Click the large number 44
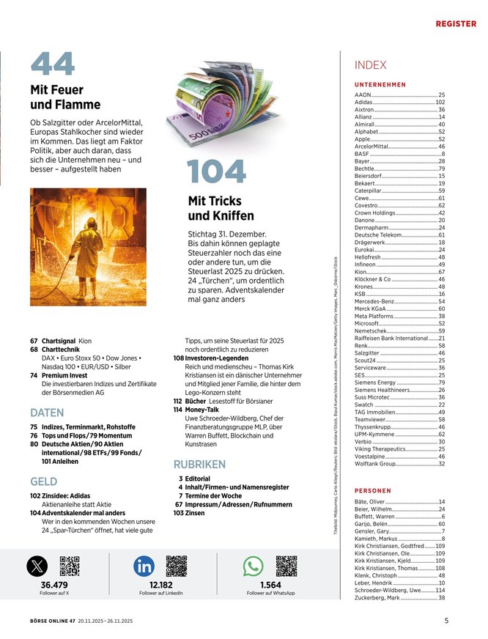point(53,64)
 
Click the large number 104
point(216,172)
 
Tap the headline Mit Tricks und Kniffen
point(221,208)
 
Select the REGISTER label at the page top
point(456,24)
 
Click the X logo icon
point(37,566)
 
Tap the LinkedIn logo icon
point(144,566)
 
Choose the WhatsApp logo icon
point(253,566)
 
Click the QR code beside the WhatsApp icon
point(286,566)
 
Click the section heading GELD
point(43,481)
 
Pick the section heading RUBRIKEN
point(199,464)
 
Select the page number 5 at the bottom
point(446,621)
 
